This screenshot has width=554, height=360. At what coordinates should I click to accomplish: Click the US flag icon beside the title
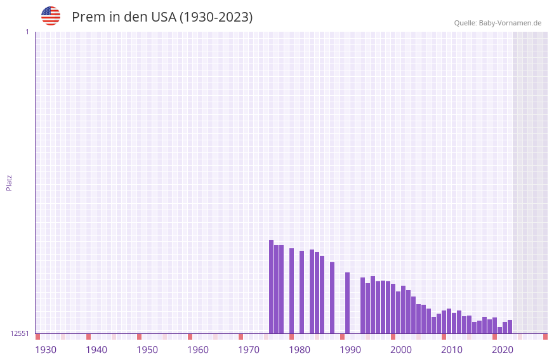pyautogui.click(x=51, y=16)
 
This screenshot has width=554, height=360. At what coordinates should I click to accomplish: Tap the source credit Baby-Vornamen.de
pyautogui.click(x=498, y=23)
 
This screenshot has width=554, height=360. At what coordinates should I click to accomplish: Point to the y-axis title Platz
pyautogui.click(x=9, y=182)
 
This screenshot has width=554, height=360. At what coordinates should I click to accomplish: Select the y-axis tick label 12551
pyautogui.click(x=20, y=333)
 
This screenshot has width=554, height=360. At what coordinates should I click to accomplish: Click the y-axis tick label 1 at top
pyautogui.click(x=27, y=32)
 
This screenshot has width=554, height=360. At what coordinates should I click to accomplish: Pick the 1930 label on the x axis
pyautogui.click(x=46, y=350)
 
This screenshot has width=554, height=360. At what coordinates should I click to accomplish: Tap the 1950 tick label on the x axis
pyautogui.click(x=147, y=350)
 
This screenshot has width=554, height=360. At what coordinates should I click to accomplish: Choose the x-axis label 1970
pyautogui.click(x=249, y=350)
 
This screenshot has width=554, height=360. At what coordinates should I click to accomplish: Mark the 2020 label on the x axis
pyautogui.click(x=503, y=350)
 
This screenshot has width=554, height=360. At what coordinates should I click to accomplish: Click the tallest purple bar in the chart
pyautogui.click(x=271, y=286)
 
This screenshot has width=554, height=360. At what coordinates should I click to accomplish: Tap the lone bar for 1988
pyautogui.click(x=332, y=298)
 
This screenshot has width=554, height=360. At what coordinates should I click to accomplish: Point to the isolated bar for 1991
pyautogui.click(x=347, y=303)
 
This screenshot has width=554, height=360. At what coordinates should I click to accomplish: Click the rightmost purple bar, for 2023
pyautogui.click(x=510, y=327)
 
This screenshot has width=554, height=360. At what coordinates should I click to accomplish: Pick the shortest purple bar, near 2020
pyautogui.click(x=499, y=330)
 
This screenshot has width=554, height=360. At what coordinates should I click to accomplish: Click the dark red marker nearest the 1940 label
pyautogui.click(x=88, y=337)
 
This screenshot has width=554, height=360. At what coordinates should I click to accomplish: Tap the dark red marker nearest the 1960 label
pyautogui.click(x=190, y=337)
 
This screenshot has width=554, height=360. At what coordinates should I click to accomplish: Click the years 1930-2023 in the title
pyautogui.click(x=216, y=17)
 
